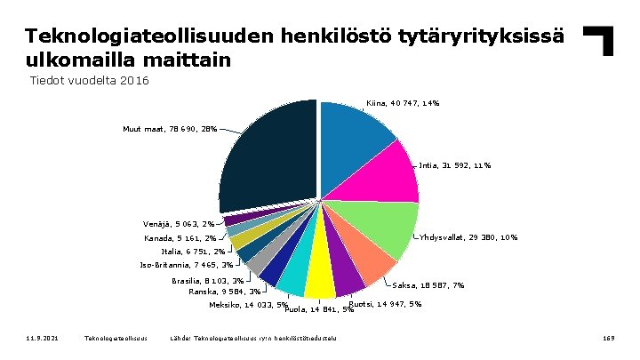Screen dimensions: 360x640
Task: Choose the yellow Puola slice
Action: pyautogui.click(x=319, y=283)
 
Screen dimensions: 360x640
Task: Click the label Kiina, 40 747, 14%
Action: pyautogui.click(x=403, y=104)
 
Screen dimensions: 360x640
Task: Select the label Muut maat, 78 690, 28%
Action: pyautogui.click(x=169, y=130)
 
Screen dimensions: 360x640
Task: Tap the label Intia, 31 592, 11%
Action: pyautogui.click(x=454, y=165)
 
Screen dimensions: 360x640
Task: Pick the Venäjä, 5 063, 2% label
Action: pyautogui.click(x=178, y=224)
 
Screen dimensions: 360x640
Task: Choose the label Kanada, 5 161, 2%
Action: pyautogui.click(x=180, y=238)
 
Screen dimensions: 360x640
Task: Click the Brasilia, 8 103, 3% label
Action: pyautogui.click(x=208, y=281)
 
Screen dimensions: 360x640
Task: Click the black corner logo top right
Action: pyautogui.click(x=600, y=41)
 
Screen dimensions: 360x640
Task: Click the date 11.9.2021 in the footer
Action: pyautogui.click(x=42, y=338)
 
